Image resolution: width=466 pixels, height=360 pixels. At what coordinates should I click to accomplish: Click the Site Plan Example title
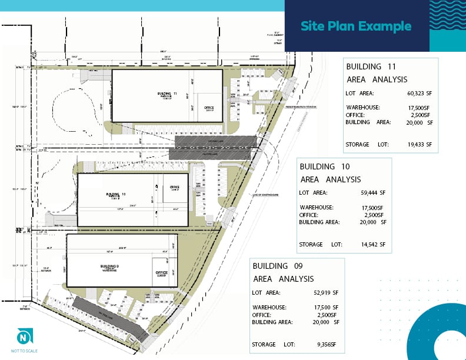coord(355,26)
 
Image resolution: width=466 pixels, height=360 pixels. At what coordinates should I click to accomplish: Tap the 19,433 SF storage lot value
coord(416,144)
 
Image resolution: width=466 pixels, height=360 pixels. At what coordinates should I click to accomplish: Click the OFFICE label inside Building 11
coord(208,108)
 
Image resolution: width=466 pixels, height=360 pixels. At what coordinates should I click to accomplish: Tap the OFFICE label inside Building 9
coord(161,273)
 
